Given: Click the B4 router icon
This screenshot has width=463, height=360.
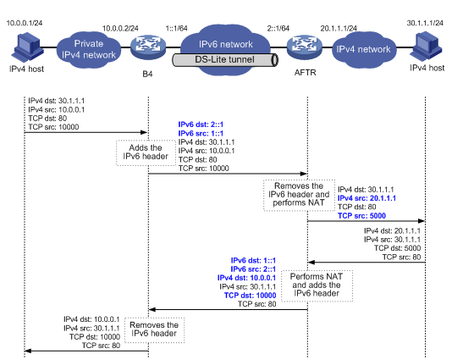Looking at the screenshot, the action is click(148, 47).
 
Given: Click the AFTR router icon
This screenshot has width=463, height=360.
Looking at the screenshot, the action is click(305, 47).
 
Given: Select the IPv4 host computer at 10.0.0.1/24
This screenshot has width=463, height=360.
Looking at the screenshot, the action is click(27, 47).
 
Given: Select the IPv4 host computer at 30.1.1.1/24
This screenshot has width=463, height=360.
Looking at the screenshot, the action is click(426, 47).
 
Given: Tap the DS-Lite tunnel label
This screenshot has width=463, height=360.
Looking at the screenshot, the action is click(224, 59).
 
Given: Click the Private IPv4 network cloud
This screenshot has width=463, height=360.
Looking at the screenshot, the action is click(89, 49).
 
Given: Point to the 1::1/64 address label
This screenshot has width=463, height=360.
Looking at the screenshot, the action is click(176, 28).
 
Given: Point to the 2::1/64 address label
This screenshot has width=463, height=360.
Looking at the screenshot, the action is click(278, 28).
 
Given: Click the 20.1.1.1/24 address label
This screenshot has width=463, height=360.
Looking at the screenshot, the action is click(339, 28).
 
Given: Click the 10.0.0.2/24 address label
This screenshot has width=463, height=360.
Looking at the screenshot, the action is click(120, 28).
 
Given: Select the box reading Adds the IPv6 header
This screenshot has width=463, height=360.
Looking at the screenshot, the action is click(146, 152).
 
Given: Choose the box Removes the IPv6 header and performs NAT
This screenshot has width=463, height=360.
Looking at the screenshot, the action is click(299, 195).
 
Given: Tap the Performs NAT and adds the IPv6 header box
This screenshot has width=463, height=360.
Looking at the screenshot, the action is click(317, 285).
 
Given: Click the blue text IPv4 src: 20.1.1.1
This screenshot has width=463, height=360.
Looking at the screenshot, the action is click(367, 198).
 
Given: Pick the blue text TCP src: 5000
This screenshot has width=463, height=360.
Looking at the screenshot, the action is click(361, 215).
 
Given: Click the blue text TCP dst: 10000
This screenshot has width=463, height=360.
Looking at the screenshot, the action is click(250, 296).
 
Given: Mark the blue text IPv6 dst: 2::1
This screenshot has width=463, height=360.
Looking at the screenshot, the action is click(201, 125).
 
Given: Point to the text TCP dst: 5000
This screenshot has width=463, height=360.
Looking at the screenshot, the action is click(398, 248).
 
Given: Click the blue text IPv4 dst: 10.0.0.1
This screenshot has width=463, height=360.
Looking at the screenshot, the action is click(246, 278).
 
